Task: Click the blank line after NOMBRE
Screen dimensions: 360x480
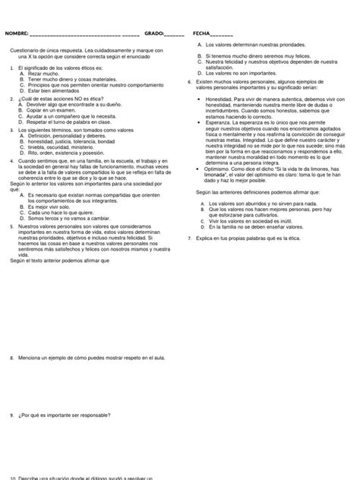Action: click(84, 35)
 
